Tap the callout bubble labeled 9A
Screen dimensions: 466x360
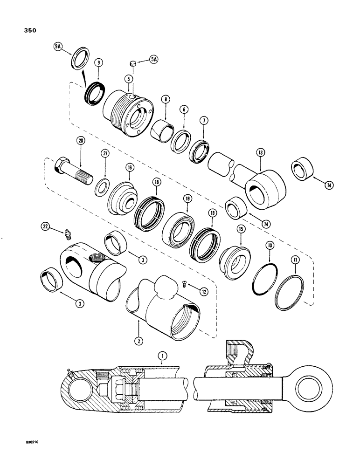click(57, 47)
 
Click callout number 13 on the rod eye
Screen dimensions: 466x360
click(260, 152)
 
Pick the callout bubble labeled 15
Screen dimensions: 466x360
click(241, 229)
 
